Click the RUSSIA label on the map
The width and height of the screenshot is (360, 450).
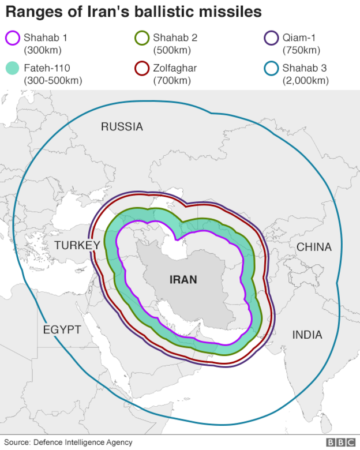click(122, 127)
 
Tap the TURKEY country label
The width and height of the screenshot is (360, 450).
click(77, 246)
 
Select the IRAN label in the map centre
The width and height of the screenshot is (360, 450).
click(183, 280)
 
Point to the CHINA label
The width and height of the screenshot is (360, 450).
click(314, 247)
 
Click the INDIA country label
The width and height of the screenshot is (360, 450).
click(307, 335)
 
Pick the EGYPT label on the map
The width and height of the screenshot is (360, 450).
click(62, 329)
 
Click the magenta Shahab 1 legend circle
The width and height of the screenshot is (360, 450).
click(12, 39)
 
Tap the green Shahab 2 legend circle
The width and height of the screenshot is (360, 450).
click(141, 39)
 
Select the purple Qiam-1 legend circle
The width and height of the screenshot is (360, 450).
click(271, 39)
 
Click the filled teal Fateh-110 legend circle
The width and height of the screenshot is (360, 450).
click(12, 69)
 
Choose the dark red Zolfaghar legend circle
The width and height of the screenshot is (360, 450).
click(141, 69)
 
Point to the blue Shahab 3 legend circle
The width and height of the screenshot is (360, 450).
click(271, 69)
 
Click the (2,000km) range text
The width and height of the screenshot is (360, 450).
click(305, 81)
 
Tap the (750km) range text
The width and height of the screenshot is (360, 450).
click(301, 50)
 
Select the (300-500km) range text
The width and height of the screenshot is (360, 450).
click(52, 81)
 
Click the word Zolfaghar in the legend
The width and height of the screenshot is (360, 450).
click(175, 68)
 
